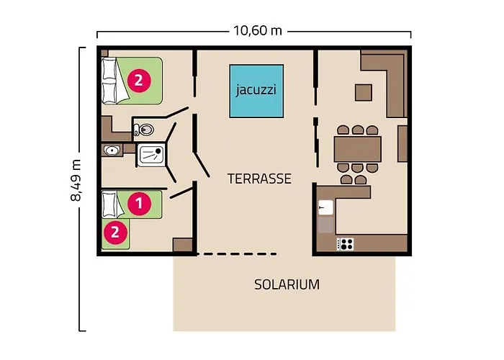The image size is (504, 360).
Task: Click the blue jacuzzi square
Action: (x=256, y=91)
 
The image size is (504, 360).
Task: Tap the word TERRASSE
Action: (x=259, y=179)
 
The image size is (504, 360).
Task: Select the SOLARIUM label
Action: (x=287, y=284)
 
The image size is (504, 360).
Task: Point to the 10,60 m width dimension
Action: (x=258, y=31)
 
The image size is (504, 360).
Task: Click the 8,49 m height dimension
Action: (x=76, y=180)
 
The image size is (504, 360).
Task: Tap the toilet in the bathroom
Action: (x=144, y=130)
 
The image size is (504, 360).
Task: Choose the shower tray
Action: (x=151, y=155)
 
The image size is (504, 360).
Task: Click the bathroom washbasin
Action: (x=112, y=150)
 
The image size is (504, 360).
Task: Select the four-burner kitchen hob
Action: (x=345, y=244)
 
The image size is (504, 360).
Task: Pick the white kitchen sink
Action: (x=325, y=207)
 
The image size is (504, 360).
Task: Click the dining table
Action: (x=357, y=149)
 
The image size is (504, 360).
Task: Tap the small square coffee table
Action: (x=364, y=93)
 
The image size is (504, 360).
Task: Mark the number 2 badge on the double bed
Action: (x=139, y=80)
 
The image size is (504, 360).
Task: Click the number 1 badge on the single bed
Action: (x=139, y=203)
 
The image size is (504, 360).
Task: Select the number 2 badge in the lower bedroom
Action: (x=115, y=232)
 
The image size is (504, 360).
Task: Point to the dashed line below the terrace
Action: (x=237, y=254)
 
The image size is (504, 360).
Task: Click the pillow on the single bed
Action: (x=109, y=204)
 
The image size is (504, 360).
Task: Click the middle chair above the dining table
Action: (x=358, y=130)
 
